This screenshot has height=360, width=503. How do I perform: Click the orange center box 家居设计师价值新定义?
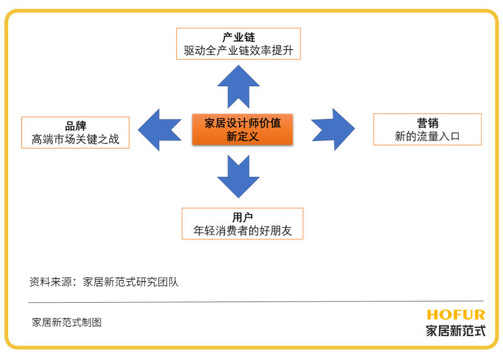[x=242, y=129]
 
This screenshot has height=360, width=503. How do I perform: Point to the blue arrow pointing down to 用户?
[x=238, y=176]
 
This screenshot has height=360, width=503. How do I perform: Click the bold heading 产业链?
[x=238, y=37]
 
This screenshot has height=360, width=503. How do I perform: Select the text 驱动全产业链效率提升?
[x=238, y=50]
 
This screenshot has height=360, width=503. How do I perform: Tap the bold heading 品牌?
[x=75, y=126]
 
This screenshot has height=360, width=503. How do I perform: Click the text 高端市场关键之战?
[x=75, y=139]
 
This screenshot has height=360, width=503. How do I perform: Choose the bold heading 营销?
[x=428, y=123]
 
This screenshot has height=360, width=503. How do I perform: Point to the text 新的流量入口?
[x=428, y=136]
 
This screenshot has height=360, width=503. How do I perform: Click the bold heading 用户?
[x=242, y=217]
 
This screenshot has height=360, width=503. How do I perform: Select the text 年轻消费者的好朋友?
[x=242, y=230]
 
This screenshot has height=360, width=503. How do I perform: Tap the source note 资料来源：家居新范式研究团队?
[x=104, y=282]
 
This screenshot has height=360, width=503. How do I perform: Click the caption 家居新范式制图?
[x=67, y=322]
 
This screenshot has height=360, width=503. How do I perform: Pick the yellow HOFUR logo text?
[x=455, y=315]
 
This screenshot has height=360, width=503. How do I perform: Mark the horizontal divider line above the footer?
[x=251, y=301]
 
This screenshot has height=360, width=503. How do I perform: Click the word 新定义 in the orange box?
[x=242, y=136]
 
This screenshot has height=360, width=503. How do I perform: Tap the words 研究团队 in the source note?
[x=158, y=282]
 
